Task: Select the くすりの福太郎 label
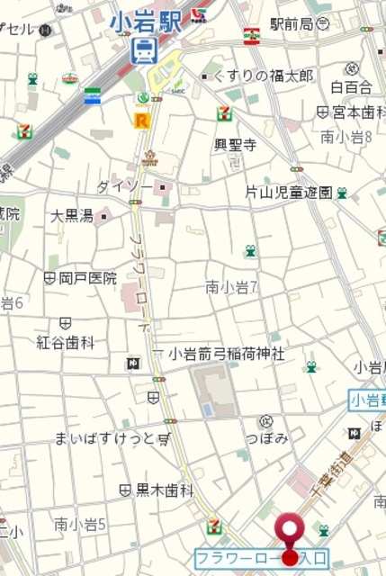click(x=261, y=76)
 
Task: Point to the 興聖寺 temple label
click(x=235, y=144)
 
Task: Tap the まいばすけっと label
click(x=99, y=438)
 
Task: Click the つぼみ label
click(x=266, y=437)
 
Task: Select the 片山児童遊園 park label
click(x=289, y=192)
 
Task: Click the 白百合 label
click(x=350, y=87)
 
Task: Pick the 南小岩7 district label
click(x=232, y=288)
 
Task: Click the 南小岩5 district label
click(x=80, y=524)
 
